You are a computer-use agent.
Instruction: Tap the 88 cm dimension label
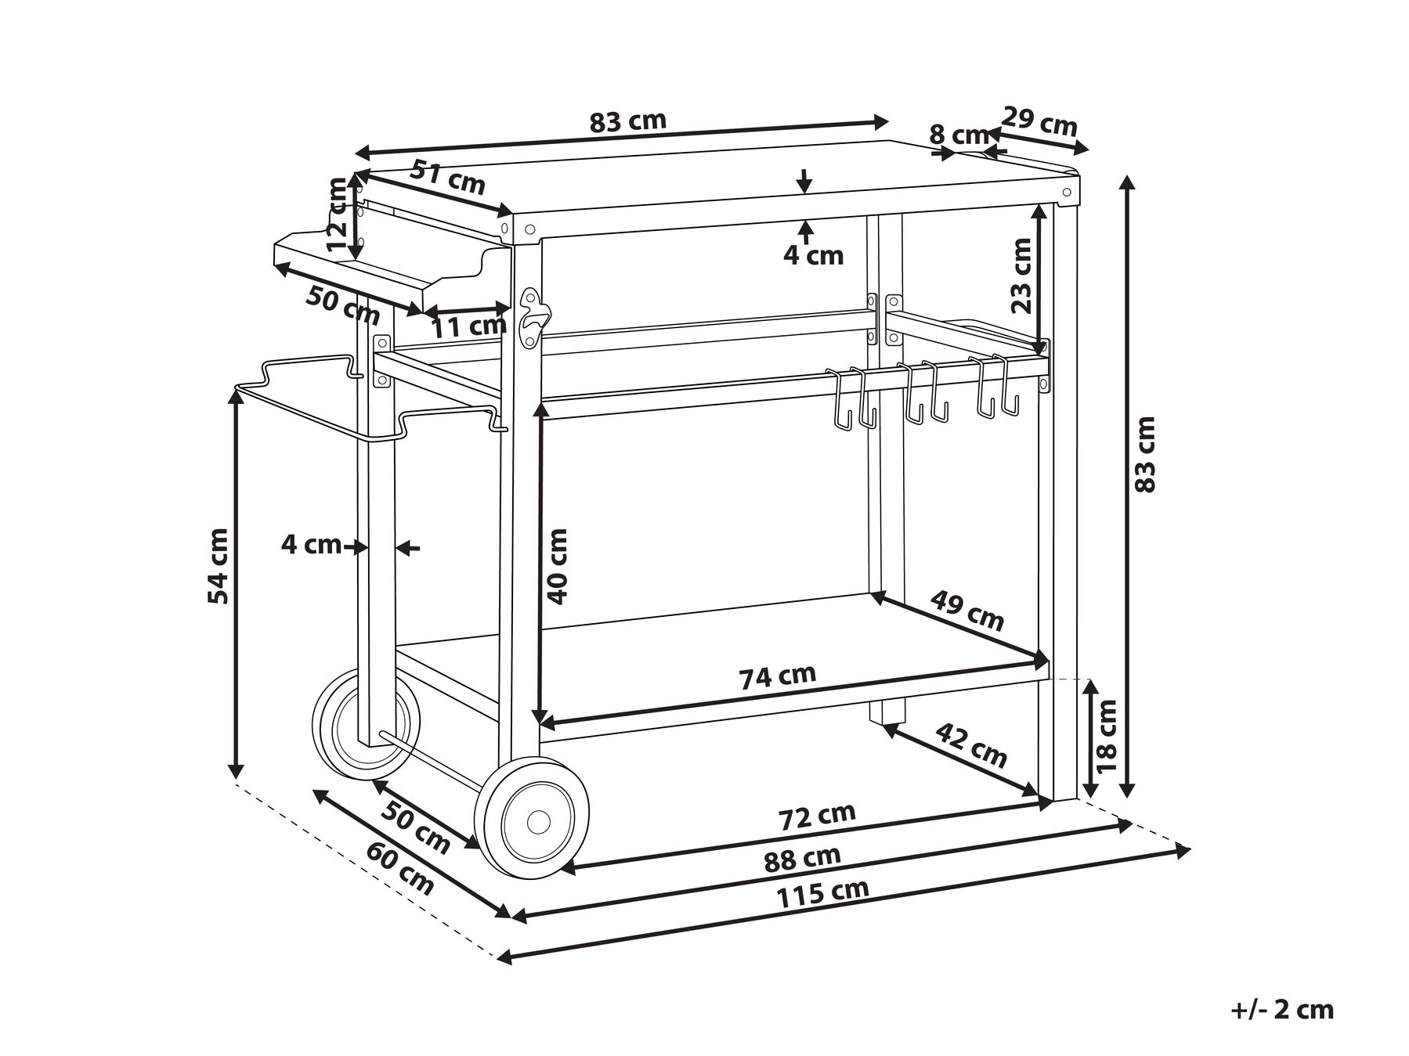[x=802, y=859]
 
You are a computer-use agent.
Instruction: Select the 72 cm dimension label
[x=817, y=817]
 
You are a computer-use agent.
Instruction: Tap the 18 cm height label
[x=1106, y=737]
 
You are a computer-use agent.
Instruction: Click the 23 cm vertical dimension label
[x=1021, y=276]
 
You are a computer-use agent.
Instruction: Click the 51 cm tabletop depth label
[x=448, y=178]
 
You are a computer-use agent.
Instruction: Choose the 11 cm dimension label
[x=468, y=326]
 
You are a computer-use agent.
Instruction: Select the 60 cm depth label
[x=400, y=867]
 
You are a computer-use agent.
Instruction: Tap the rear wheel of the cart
[x=367, y=724]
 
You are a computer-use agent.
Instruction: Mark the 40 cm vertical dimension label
[x=557, y=566]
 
